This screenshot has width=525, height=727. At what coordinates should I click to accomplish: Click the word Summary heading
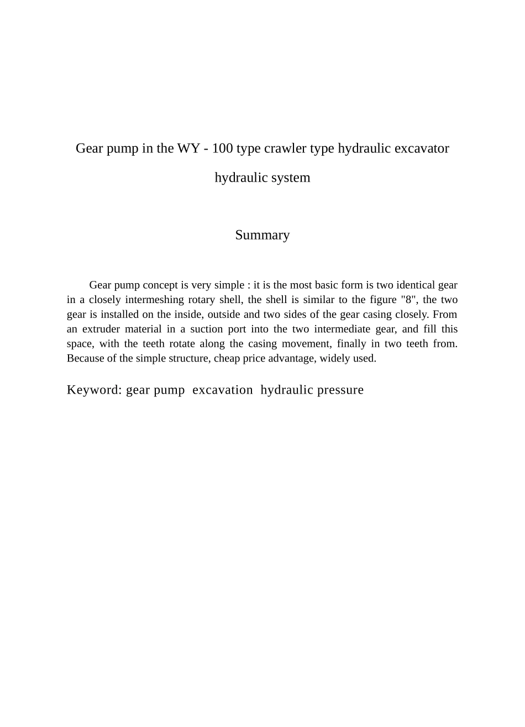tap(262, 235)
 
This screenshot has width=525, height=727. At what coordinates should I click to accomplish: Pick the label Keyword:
tap(94, 390)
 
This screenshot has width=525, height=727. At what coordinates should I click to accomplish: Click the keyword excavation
tap(223, 390)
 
